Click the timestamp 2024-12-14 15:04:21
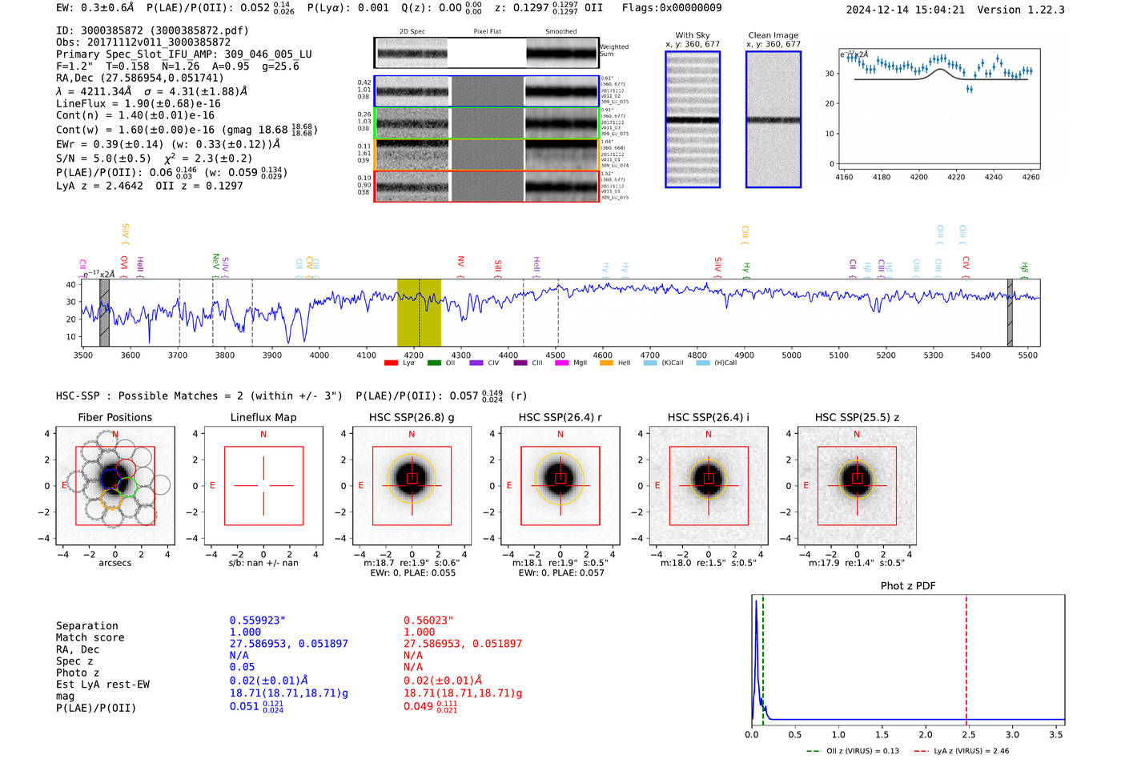(x=905, y=10)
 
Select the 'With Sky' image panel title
(x=692, y=35)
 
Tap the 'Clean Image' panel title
(x=773, y=35)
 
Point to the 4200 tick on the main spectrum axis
(x=413, y=355)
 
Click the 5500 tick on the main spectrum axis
(x=1027, y=355)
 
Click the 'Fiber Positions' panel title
(x=115, y=417)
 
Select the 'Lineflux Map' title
(x=263, y=417)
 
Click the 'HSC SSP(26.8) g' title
(x=412, y=417)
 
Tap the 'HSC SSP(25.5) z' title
(x=857, y=417)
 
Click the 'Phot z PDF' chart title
(x=908, y=586)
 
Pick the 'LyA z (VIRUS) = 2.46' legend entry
(x=970, y=751)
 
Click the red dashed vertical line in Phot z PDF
(x=966, y=657)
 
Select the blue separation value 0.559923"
(x=257, y=620)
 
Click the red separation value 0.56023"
(x=428, y=620)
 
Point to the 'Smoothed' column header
(x=560, y=32)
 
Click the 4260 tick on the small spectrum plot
(x=1031, y=177)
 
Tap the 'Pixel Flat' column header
(x=487, y=32)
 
